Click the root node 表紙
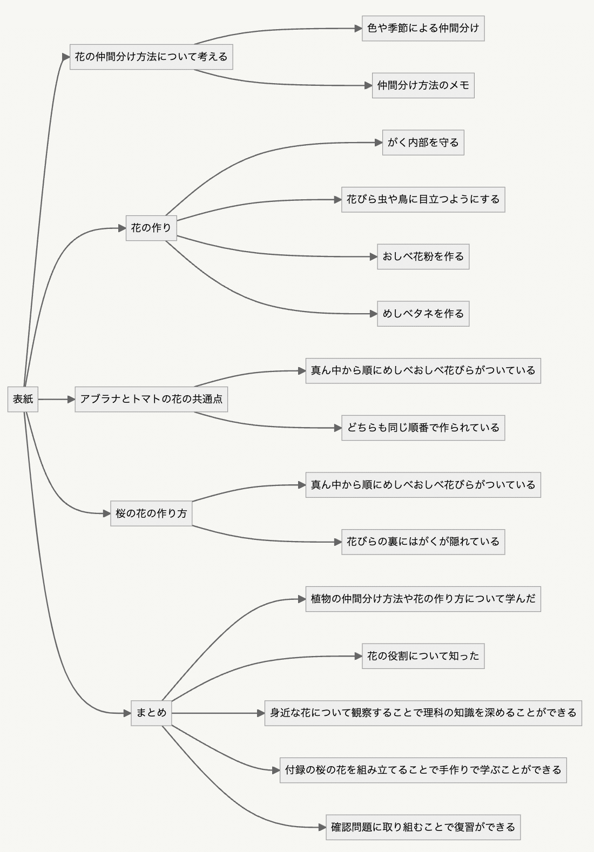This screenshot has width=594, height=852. point(23,399)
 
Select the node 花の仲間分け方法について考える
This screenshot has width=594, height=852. point(151,57)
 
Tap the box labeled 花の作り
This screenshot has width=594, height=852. point(151,228)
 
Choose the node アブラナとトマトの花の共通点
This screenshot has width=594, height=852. point(151,399)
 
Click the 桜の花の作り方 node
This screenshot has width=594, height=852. point(151,513)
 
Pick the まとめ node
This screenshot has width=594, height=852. point(151,713)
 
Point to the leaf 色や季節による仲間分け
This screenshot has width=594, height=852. point(423,28)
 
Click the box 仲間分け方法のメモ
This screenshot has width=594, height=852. point(423,85)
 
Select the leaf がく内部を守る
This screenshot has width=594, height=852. point(423,143)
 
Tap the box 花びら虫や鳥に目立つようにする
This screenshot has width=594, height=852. point(423,199)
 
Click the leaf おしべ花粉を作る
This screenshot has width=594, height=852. point(423,256)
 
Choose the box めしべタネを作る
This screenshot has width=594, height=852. point(423,314)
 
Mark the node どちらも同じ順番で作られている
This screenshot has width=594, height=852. point(423,428)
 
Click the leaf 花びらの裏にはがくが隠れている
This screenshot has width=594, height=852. point(423,542)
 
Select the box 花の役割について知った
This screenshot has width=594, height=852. point(423,656)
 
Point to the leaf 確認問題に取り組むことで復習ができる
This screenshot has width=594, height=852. point(423,827)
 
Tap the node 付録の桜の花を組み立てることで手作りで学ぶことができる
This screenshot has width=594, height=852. point(423,770)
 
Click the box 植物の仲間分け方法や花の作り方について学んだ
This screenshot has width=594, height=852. point(423,599)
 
